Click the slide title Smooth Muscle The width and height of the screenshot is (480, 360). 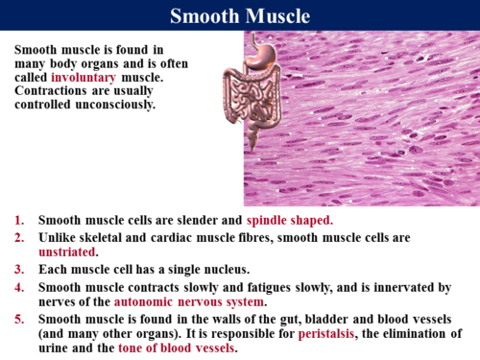(240, 16)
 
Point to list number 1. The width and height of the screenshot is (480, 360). (20, 220)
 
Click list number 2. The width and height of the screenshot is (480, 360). (20, 236)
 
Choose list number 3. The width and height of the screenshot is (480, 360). (20, 269)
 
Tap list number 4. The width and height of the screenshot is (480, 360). (20, 286)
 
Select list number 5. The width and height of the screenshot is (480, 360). (20, 319)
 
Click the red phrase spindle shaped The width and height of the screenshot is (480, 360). (289, 220)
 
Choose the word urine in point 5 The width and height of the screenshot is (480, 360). (58, 349)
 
